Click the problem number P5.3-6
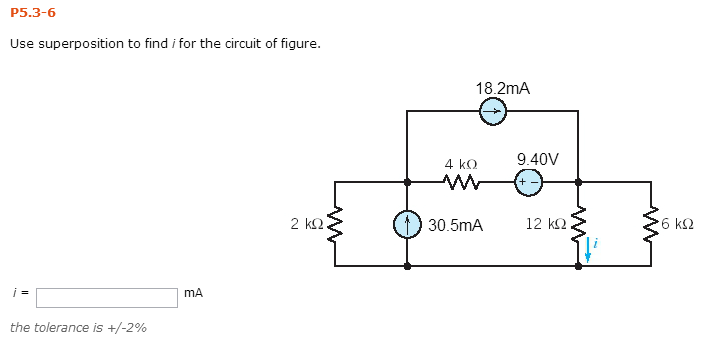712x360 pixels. [33, 13]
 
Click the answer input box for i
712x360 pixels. [107, 297]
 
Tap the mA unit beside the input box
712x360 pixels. [194, 293]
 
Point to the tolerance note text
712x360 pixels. [78, 327]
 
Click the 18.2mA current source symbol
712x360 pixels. [492, 112]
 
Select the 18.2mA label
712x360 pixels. [503, 89]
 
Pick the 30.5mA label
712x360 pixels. [455, 226]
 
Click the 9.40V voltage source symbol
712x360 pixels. [529, 182]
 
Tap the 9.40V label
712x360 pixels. [538, 160]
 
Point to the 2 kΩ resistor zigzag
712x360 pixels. [335, 225]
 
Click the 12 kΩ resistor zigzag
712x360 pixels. [578, 225]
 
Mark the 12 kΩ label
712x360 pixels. [545, 224]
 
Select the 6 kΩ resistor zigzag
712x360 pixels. [651, 225]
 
